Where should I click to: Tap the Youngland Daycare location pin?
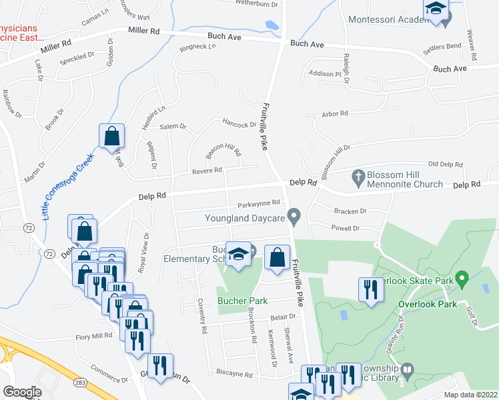tap(298, 217)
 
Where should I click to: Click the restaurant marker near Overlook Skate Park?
tap(371, 290)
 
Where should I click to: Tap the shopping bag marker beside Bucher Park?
tap(277, 257)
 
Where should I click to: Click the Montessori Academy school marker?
tap(436, 10)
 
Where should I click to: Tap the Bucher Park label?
tap(242, 301)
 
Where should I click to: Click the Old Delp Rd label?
tap(445, 163)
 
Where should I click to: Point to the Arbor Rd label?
tap(335, 114)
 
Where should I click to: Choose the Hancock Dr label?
tap(239, 125)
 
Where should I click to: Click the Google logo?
tap(22, 392)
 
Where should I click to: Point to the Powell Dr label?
tap(346, 228)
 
